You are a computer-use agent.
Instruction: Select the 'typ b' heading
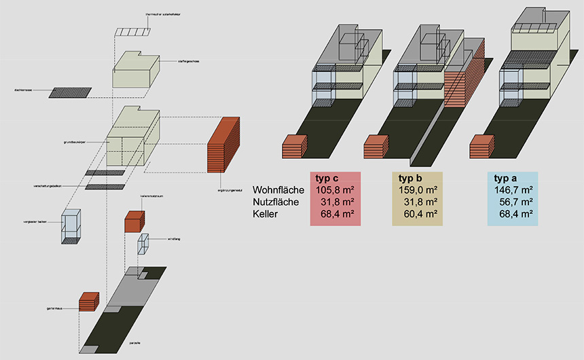click(x=412, y=178)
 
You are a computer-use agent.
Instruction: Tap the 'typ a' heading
click(x=507, y=178)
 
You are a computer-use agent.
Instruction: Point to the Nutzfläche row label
click(x=278, y=202)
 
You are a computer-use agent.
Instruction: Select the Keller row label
click(x=266, y=214)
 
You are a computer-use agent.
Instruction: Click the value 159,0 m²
click(x=417, y=190)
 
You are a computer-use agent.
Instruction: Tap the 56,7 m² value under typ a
click(x=515, y=202)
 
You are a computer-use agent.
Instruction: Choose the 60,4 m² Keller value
click(x=420, y=214)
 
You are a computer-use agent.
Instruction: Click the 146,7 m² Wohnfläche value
click(x=512, y=190)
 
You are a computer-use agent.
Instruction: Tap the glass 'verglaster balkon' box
click(x=71, y=227)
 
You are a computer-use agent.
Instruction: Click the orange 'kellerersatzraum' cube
click(x=134, y=221)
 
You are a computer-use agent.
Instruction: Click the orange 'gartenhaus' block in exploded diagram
click(x=89, y=301)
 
